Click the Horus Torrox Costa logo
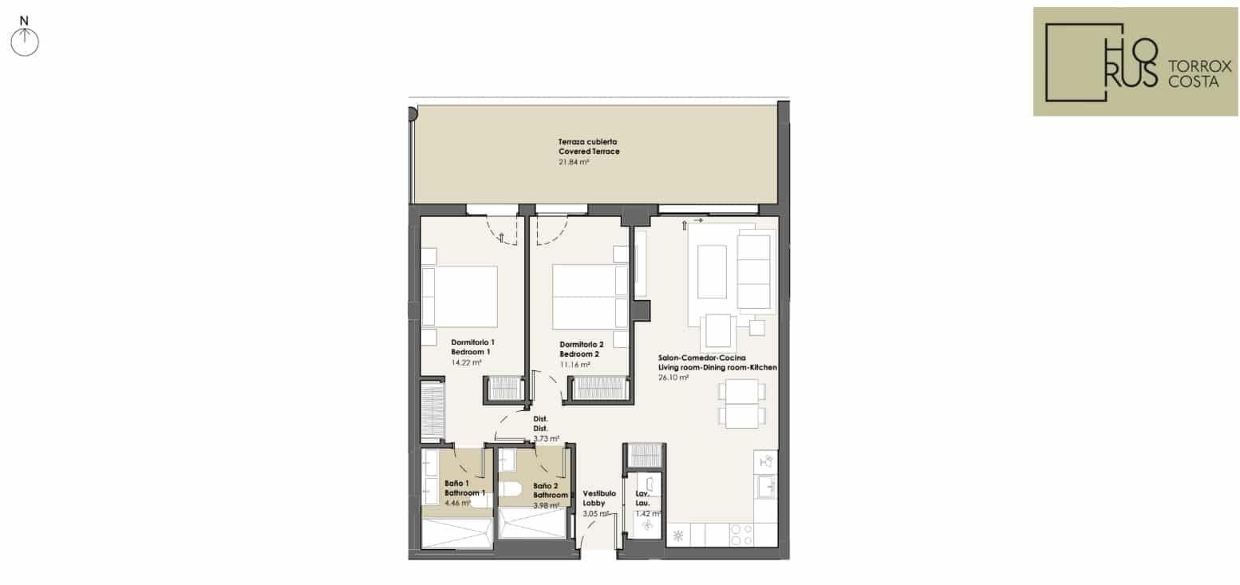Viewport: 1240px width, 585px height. tap(1135, 61)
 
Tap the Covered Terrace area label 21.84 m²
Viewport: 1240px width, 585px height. tap(574, 162)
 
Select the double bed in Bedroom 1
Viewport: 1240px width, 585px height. tap(460, 296)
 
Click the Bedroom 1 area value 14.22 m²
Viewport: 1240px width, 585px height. tap(466, 362)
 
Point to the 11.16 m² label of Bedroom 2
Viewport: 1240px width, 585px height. tap(575, 365)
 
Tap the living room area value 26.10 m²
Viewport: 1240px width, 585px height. tap(673, 377)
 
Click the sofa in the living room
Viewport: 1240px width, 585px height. tap(754, 271)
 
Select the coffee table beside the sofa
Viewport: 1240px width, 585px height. tap(711, 271)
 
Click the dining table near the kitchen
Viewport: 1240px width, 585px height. tap(742, 404)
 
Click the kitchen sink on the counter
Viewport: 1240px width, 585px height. tap(767, 486)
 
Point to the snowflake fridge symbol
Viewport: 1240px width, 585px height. tap(679, 536)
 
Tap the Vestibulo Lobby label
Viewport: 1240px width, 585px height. tap(599, 498)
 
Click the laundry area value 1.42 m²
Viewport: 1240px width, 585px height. tap(648, 514)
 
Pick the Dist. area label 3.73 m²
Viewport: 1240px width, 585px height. tap(546, 438)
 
